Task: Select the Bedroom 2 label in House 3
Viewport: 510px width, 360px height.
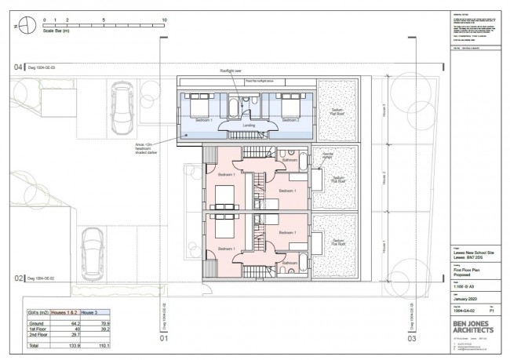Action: [x=292, y=121]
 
